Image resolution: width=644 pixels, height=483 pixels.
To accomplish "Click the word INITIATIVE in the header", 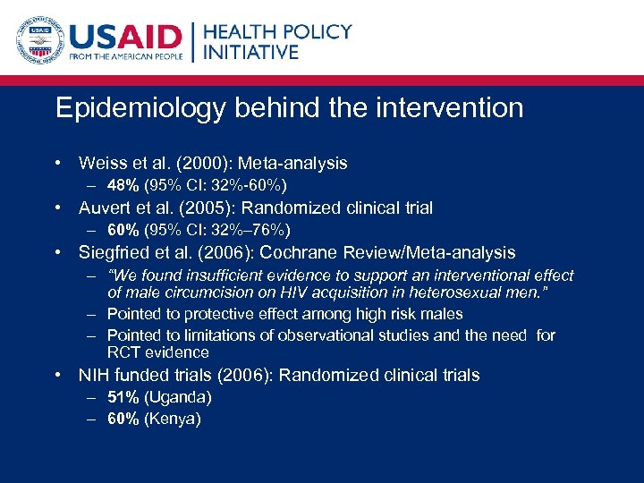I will point(250,53).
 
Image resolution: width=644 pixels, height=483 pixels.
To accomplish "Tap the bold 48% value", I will point(123,185).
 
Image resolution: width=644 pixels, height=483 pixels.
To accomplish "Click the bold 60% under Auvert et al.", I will point(123,230).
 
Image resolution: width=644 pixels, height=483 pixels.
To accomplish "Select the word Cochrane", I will point(297,253).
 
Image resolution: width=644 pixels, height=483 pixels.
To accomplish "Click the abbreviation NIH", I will point(94,375).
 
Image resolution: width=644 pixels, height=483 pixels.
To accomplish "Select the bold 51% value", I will point(123,397).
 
